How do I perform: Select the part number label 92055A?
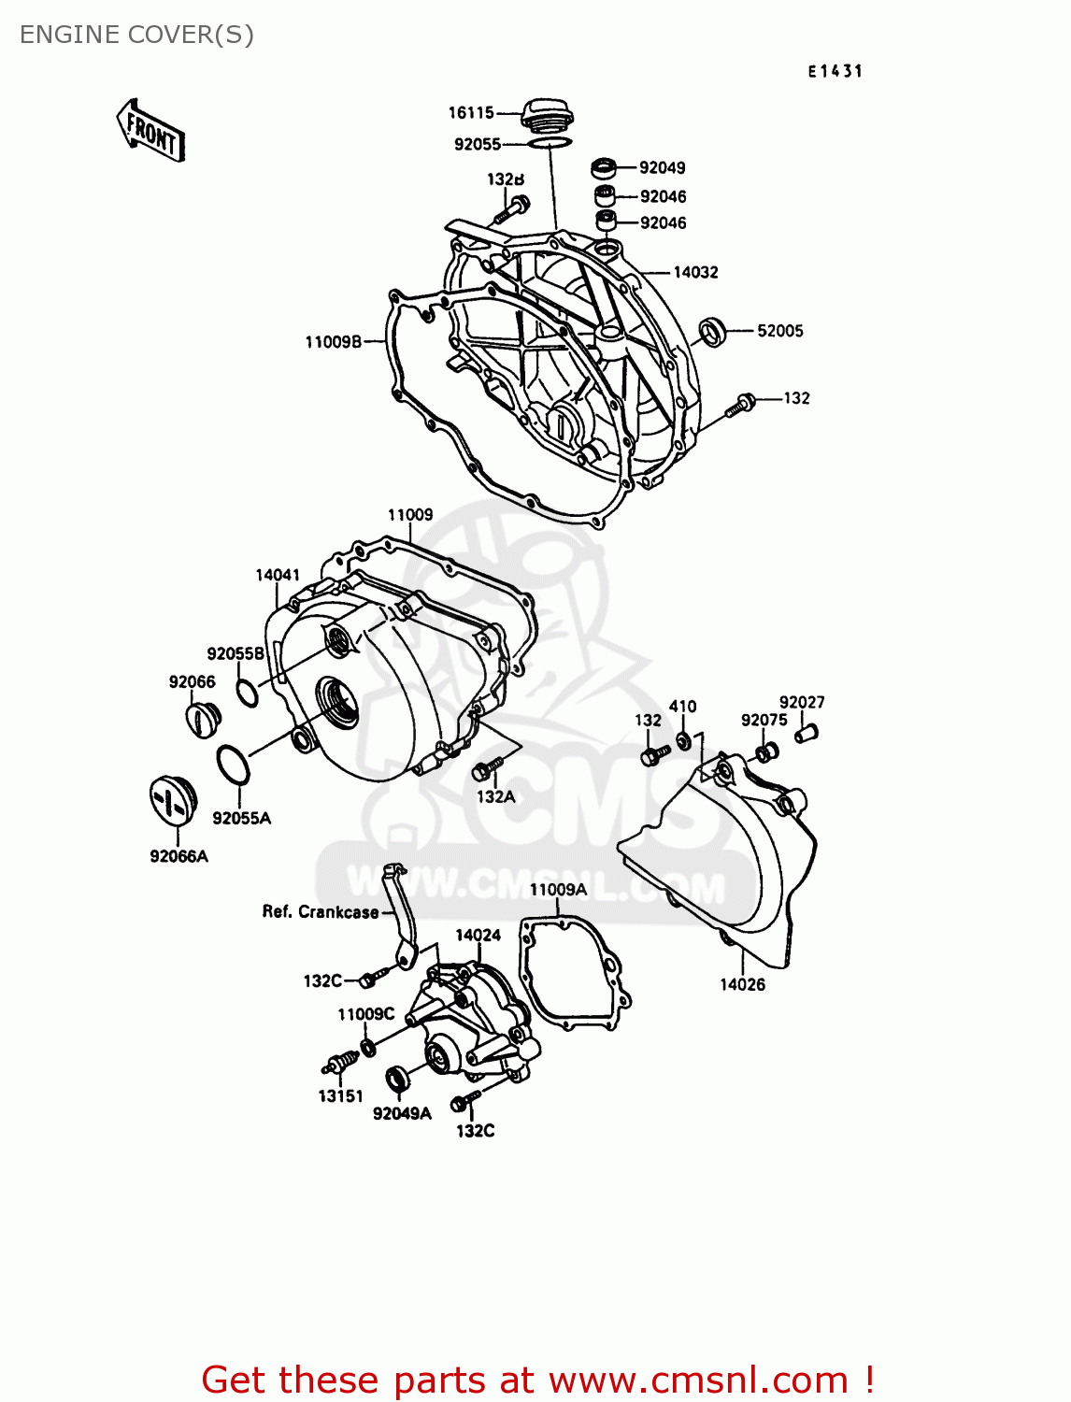click(x=241, y=819)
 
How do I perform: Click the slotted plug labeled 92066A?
click(x=170, y=802)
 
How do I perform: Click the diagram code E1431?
click(x=835, y=71)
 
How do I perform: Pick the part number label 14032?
click(x=696, y=273)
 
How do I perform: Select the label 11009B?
click(x=333, y=342)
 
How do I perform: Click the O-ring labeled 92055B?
click(x=247, y=694)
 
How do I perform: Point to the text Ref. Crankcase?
click(x=321, y=912)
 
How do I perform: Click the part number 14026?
click(x=742, y=984)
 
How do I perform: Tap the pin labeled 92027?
click(x=806, y=732)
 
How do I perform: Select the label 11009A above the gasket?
click(x=558, y=890)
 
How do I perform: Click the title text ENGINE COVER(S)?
click(x=136, y=35)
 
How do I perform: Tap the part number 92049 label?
click(x=663, y=168)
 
